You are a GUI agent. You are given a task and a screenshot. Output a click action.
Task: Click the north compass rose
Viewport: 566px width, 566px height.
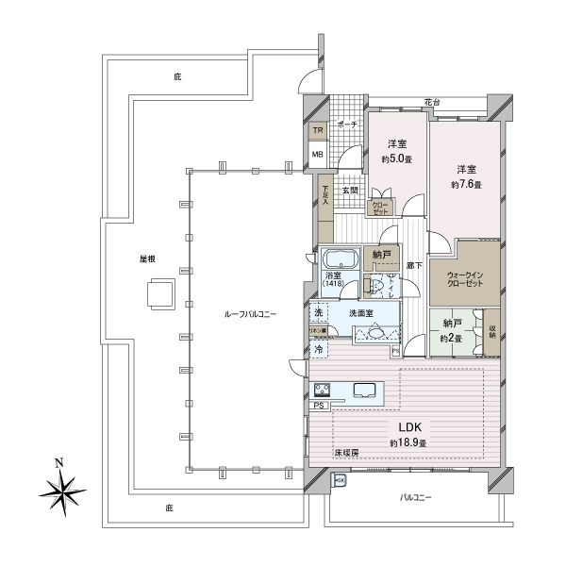[x=63, y=488]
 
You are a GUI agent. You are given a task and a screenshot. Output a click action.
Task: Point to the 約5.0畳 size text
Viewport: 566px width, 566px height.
[x=397, y=158]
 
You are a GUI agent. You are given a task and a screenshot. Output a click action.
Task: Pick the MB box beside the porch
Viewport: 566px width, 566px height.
[x=318, y=155]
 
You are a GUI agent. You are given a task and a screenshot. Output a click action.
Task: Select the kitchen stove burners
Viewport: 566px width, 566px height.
[x=321, y=390]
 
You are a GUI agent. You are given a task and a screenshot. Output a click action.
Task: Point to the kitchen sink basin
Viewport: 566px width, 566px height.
[x=365, y=390]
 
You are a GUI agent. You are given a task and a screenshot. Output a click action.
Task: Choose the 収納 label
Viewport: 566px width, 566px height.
[x=492, y=331]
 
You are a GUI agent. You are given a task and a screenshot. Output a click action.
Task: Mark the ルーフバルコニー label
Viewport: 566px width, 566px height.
[x=249, y=313]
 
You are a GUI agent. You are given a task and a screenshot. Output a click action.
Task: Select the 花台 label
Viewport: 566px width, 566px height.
[x=432, y=101]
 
